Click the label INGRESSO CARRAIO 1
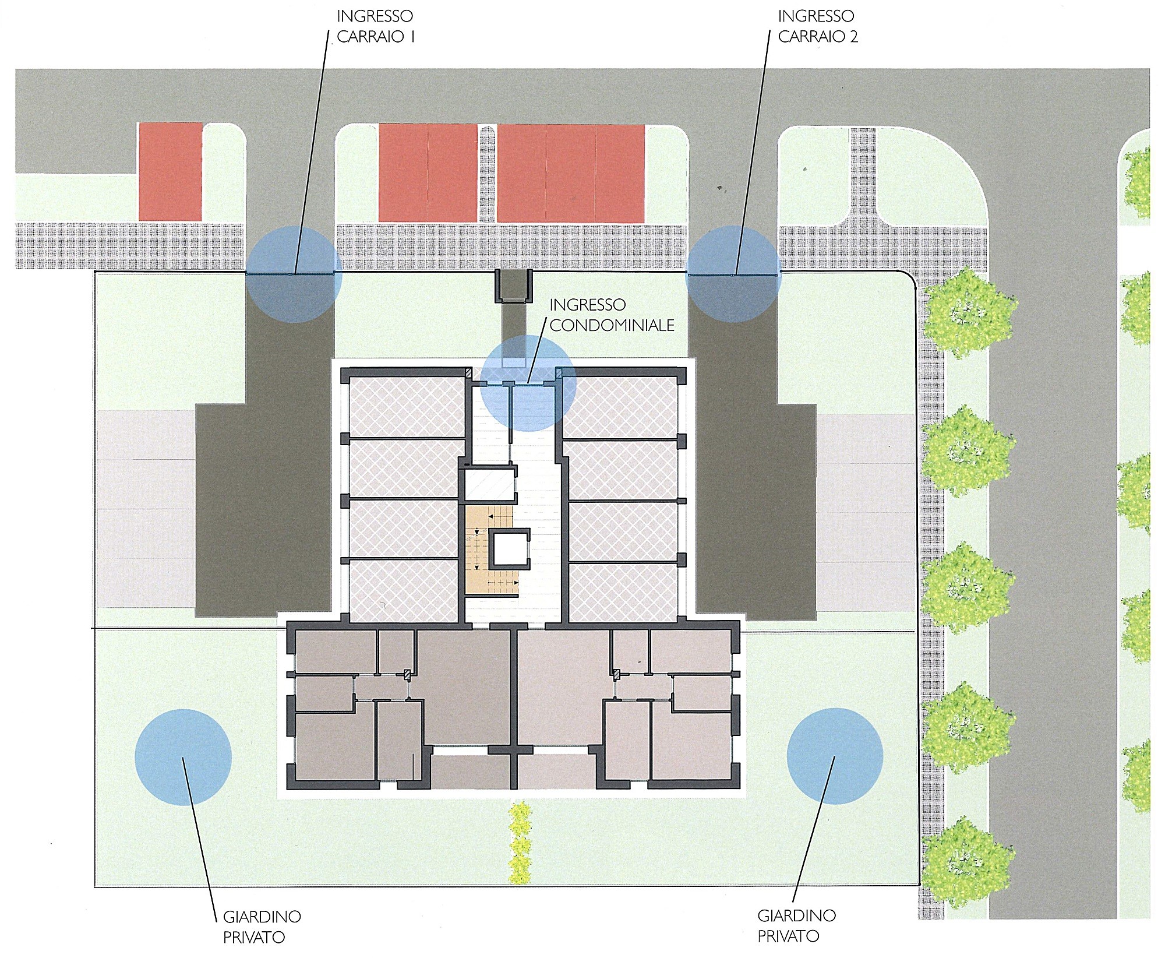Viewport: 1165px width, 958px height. (375, 26)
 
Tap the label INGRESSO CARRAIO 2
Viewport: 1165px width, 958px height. (818, 26)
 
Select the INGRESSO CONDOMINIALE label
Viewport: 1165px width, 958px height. (612, 315)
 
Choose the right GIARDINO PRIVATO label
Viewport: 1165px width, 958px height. (796, 925)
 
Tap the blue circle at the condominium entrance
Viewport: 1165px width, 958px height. (528, 383)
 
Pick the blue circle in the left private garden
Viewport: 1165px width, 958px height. (183, 757)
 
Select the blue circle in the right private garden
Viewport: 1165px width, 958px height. (835, 756)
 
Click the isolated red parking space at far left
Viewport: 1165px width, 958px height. (170, 171)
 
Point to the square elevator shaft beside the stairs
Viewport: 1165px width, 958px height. (509, 548)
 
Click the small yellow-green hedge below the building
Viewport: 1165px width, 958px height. (520, 842)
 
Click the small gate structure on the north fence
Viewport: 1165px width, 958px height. (513, 286)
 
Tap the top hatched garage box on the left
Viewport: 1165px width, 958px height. (407, 406)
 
